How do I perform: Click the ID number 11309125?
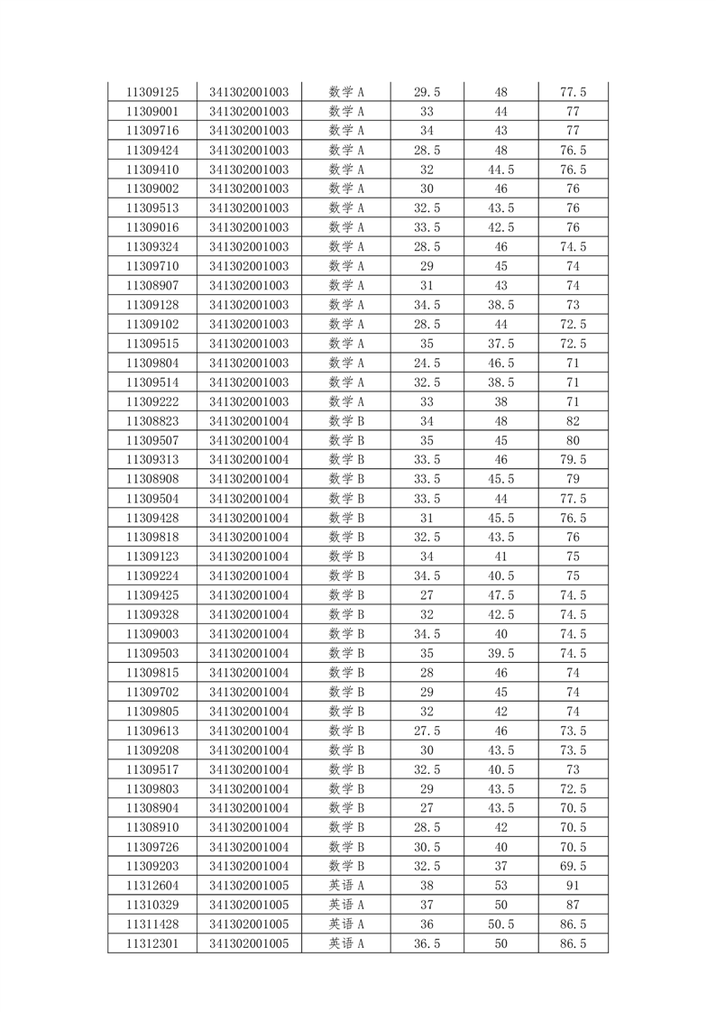point(152,92)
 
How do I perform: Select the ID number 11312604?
point(152,886)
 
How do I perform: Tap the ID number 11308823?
point(152,421)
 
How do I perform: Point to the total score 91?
point(574,886)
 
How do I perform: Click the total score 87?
point(574,905)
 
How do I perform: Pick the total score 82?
point(574,421)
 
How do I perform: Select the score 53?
point(501,886)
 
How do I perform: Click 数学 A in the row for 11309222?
point(346,401)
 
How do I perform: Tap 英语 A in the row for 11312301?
point(346,943)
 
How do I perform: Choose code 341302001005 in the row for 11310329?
point(250,905)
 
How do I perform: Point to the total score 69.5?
point(574,866)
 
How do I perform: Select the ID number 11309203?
point(152,866)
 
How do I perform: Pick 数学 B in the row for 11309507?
point(346,440)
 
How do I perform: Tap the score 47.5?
point(501,595)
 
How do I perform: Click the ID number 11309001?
point(152,112)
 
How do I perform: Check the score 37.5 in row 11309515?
point(501,344)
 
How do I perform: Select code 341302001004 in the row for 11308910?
point(250,827)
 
